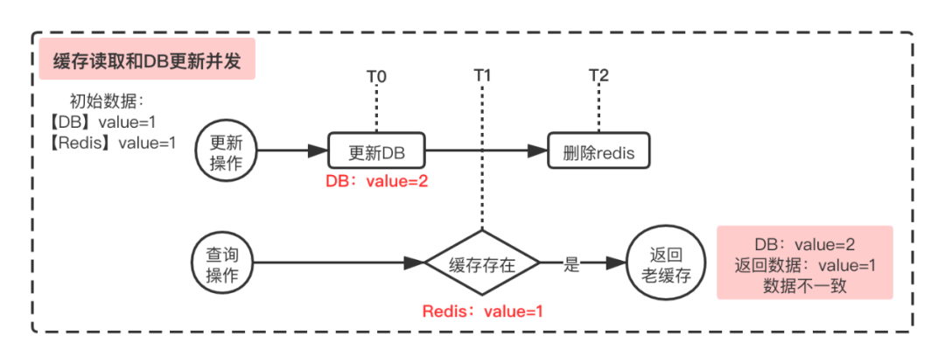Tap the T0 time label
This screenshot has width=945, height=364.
tap(376, 76)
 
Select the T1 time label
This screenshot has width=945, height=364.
tap(482, 76)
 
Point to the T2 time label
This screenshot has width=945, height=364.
tap(598, 76)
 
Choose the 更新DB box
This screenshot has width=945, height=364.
tap(376, 152)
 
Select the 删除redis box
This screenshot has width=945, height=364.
tap(599, 152)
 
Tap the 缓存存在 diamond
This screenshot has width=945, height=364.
tap(482, 265)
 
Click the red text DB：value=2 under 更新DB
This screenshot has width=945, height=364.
tap(376, 181)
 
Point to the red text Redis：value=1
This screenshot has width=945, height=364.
tap(483, 311)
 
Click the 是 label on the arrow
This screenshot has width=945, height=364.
tap(571, 265)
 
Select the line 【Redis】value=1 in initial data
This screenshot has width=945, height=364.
tap(112, 142)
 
